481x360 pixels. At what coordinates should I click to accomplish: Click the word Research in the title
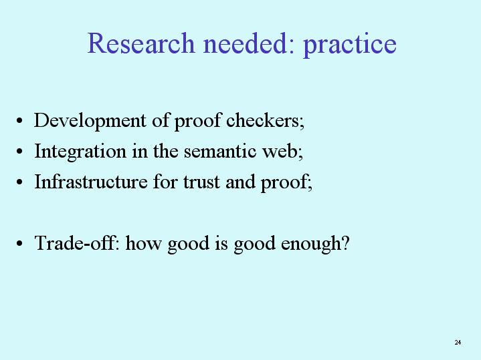coord(141,43)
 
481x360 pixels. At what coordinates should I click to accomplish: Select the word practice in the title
coord(350,46)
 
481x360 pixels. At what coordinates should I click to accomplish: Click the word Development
coord(90,121)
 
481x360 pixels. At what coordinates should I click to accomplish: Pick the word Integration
coord(80,152)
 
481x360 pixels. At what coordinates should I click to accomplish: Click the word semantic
coord(220,152)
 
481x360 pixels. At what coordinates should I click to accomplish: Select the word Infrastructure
coord(91,182)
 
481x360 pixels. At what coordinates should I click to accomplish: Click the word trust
coord(201,182)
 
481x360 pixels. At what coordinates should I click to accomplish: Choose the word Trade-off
coord(76,243)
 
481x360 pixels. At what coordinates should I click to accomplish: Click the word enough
coord(311,244)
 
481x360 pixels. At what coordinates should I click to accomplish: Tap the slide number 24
coord(458,342)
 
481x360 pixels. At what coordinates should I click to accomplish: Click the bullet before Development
coord(19,121)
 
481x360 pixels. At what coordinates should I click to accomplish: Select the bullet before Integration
coord(19,152)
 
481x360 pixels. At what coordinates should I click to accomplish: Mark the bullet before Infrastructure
coord(19,182)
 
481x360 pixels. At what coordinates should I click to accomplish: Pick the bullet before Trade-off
coord(19,243)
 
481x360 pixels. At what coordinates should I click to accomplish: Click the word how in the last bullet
coord(143,243)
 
